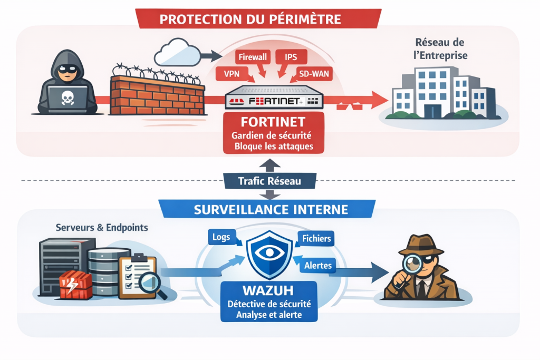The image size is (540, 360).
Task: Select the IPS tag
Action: [x=291, y=56]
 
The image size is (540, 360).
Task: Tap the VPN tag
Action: [x=232, y=74]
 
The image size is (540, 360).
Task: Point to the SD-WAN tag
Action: [x=314, y=74]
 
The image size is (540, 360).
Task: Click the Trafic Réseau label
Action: [x=269, y=181]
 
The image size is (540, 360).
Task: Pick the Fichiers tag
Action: [x=317, y=239]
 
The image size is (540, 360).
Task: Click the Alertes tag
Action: [x=318, y=266]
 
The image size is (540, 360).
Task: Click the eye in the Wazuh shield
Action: [x=269, y=252]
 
